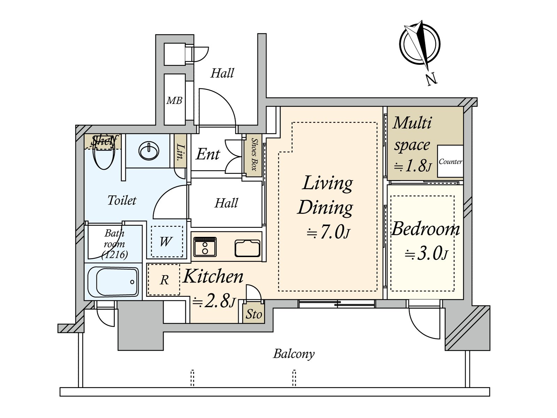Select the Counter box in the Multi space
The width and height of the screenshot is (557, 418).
[x=450, y=161]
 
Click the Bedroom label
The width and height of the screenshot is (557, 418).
[x=425, y=229]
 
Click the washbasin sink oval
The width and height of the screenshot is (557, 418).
[x=149, y=151]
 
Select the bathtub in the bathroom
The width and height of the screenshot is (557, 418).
[x=113, y=281]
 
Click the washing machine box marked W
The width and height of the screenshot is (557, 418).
[x=166, y=241]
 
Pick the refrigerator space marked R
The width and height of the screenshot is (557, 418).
[x=164, y=280]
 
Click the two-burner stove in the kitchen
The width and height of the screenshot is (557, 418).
[x=205, y=246]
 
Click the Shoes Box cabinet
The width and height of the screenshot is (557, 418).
[x=254, y=154]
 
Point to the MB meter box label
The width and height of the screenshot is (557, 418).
[x=174, y=101]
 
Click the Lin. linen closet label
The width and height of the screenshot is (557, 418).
[x=180, y=152]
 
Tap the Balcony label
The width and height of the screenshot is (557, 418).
[x=293, y=354]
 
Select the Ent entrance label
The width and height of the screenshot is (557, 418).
[x=208, y=154]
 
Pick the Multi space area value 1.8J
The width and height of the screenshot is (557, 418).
[x=412, y=166]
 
